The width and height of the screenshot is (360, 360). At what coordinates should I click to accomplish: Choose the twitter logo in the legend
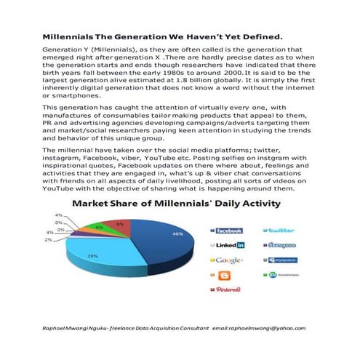pos(282,231)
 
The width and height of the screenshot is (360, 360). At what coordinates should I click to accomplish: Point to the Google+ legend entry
pos(228,260)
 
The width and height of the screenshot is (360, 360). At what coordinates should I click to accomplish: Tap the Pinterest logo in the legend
pos(228,289)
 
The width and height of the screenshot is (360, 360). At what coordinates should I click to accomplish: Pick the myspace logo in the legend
pos(283,260)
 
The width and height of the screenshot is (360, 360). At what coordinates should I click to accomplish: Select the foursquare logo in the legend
pos(282,245)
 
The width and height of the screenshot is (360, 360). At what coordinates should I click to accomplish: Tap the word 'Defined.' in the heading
pos(259,36)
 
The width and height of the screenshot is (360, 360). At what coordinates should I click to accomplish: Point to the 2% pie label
pos(48,239)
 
